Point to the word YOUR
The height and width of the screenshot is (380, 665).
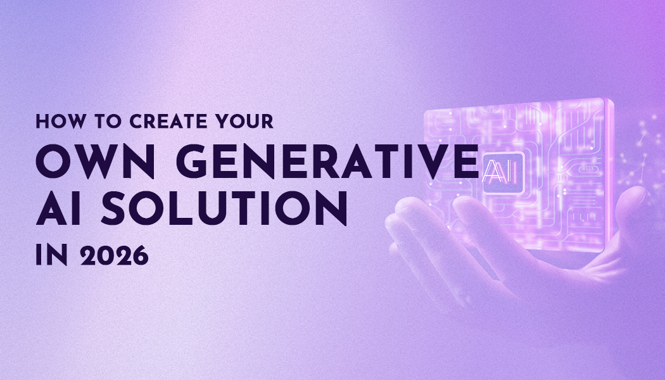coord(239,122)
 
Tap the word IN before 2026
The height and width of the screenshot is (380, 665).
coord(49,255)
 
